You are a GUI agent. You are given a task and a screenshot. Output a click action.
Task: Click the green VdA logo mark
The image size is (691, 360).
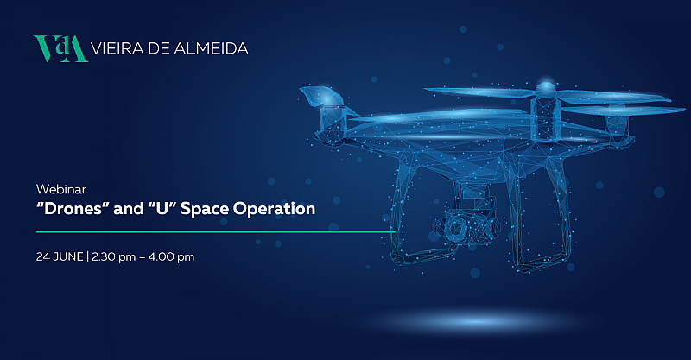(x=60, y=48)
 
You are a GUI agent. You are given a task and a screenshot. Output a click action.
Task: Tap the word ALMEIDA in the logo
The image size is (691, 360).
(x=212, y=48)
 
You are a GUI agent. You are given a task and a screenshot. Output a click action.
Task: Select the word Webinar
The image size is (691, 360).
(x=60, y=189)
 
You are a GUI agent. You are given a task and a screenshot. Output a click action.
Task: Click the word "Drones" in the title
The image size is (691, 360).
(x=73, y=208)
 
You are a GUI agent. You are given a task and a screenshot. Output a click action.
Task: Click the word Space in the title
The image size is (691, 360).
(x=205, y=209)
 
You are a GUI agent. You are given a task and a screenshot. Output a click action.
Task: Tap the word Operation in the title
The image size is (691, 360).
(x=274, y=209)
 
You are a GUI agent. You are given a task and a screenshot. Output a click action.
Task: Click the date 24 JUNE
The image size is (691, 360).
(x=60, y=256)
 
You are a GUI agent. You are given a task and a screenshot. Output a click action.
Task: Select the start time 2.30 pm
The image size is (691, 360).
(x=114, y=257)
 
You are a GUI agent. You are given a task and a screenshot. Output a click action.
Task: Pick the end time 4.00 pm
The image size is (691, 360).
(x=171, y=257)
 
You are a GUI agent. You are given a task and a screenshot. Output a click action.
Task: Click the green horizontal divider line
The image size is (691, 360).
(x=216, y=231)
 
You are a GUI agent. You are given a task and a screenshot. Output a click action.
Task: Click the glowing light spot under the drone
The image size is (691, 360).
(x=476, y=321)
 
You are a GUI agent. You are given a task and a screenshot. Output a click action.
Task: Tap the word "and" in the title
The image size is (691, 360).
(x=128, y=208)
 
